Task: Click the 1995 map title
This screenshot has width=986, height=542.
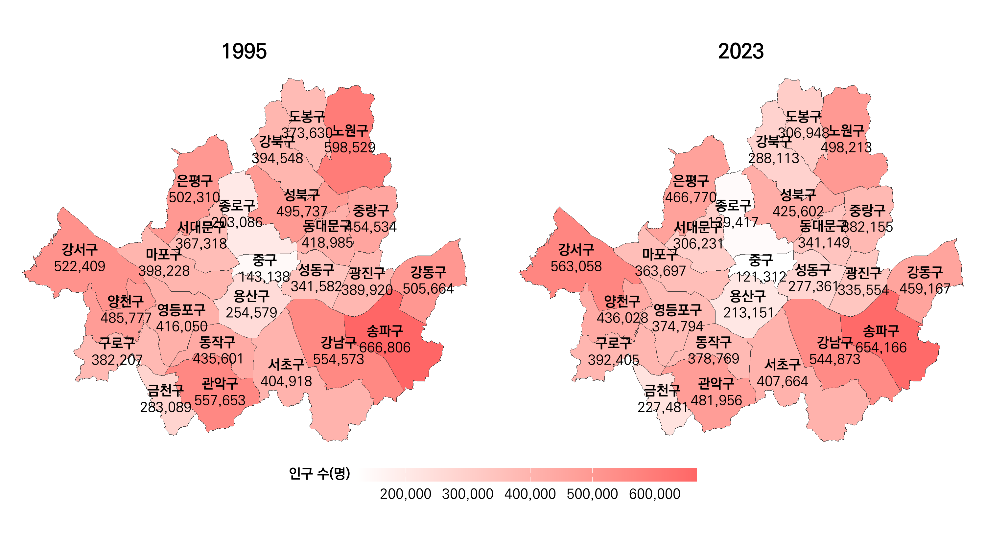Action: (244, 51)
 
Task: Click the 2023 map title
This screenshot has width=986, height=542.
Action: (740, 51)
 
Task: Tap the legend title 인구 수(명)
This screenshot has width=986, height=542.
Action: (319, 474)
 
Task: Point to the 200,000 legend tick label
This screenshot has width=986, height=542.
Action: (405, 494)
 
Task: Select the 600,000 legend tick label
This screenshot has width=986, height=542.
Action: (654, 494)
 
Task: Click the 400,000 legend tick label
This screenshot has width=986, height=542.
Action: (530, 494)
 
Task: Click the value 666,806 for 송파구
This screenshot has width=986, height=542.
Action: (385, 347)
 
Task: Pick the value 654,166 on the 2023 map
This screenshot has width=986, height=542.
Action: (881, 347)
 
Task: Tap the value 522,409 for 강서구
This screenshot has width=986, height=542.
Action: (80, 266)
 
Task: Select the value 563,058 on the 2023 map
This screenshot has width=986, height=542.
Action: (576, 266)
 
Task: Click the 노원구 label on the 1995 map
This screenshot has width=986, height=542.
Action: (349, 131)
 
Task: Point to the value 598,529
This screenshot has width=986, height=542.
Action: (349, 147)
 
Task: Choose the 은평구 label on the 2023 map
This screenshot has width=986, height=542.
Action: (691, 181)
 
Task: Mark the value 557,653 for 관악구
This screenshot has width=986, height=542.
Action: (220, 400)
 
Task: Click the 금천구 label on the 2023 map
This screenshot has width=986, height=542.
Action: (662, 391)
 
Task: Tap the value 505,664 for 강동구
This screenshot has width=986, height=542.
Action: (428, 288)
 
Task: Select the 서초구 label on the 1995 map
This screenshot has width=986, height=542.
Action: (286, 365)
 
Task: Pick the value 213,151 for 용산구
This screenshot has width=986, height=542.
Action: (748, 312)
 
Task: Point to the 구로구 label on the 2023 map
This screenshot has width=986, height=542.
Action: (613, 343)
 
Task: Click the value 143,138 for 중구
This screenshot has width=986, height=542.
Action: (265, 277)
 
